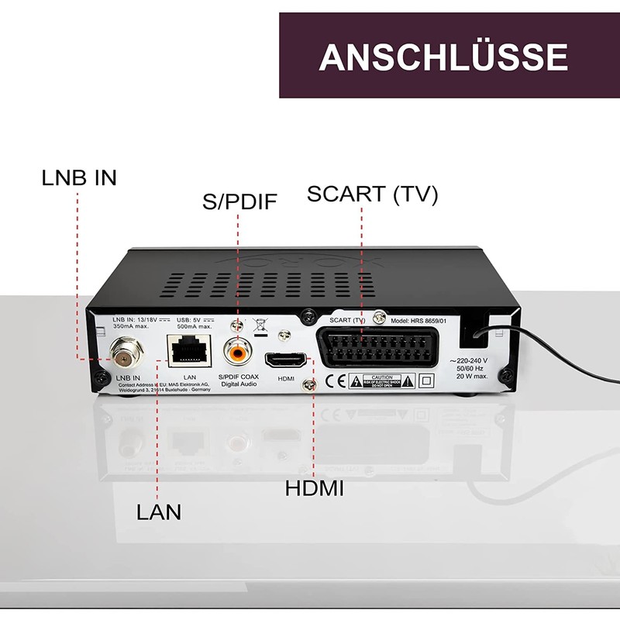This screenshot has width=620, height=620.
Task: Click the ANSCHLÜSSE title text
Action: click(x=443, y=57)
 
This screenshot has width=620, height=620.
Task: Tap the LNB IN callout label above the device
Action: click(x=79, y=177)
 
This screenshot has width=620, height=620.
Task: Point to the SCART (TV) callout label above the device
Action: click(x=372, y=195)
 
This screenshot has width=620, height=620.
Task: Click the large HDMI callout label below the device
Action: click(x=314, y=489)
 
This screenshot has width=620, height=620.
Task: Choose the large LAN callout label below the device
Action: click(x=159, y=512)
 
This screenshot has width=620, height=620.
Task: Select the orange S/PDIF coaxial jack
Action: click(x=237, y=353)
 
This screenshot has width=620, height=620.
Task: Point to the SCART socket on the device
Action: click(x=381, y=346)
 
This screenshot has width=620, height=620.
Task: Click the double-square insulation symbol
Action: click(x=425, y=381)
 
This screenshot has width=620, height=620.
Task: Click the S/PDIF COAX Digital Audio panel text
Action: click(x=239, y=380)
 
